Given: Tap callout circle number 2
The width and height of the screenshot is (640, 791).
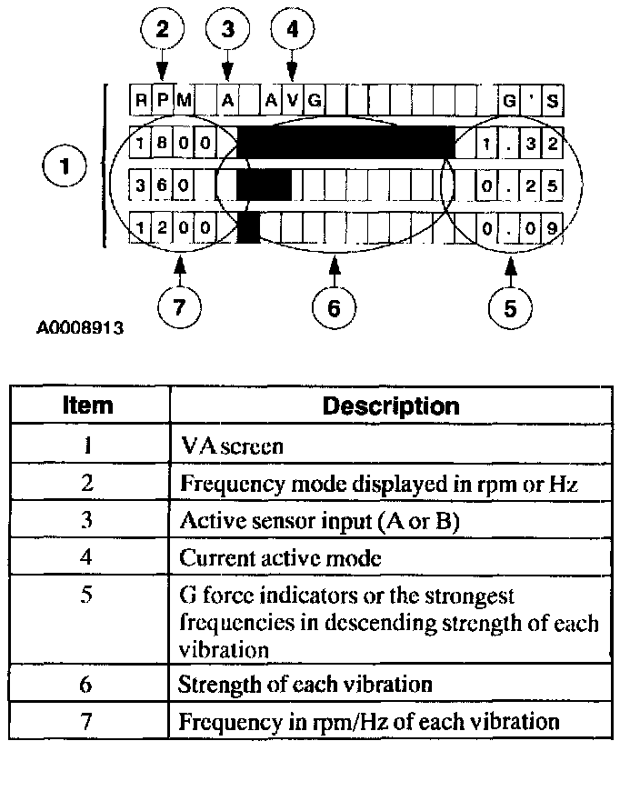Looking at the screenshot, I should tap(162, 30).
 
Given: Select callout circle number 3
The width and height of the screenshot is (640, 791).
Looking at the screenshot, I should tap(227, 30).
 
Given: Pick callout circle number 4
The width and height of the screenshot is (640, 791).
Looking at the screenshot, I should tap(292, 30).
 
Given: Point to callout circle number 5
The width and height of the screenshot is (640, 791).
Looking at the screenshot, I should tap(510, 308).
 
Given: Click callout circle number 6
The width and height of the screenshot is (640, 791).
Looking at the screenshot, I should tap(334, 308).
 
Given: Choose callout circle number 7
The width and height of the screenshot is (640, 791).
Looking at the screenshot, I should tap(179, 308).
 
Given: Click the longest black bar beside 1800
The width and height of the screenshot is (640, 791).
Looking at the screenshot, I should tap(345, 143).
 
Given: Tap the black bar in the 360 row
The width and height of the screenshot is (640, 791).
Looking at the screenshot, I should tap(264, 185).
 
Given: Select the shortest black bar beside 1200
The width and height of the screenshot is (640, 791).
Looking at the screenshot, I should tap(248, 226).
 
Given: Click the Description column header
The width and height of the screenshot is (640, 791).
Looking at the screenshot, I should tap(391, 405).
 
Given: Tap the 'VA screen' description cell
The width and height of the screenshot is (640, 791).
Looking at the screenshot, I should tap(232, 446).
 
